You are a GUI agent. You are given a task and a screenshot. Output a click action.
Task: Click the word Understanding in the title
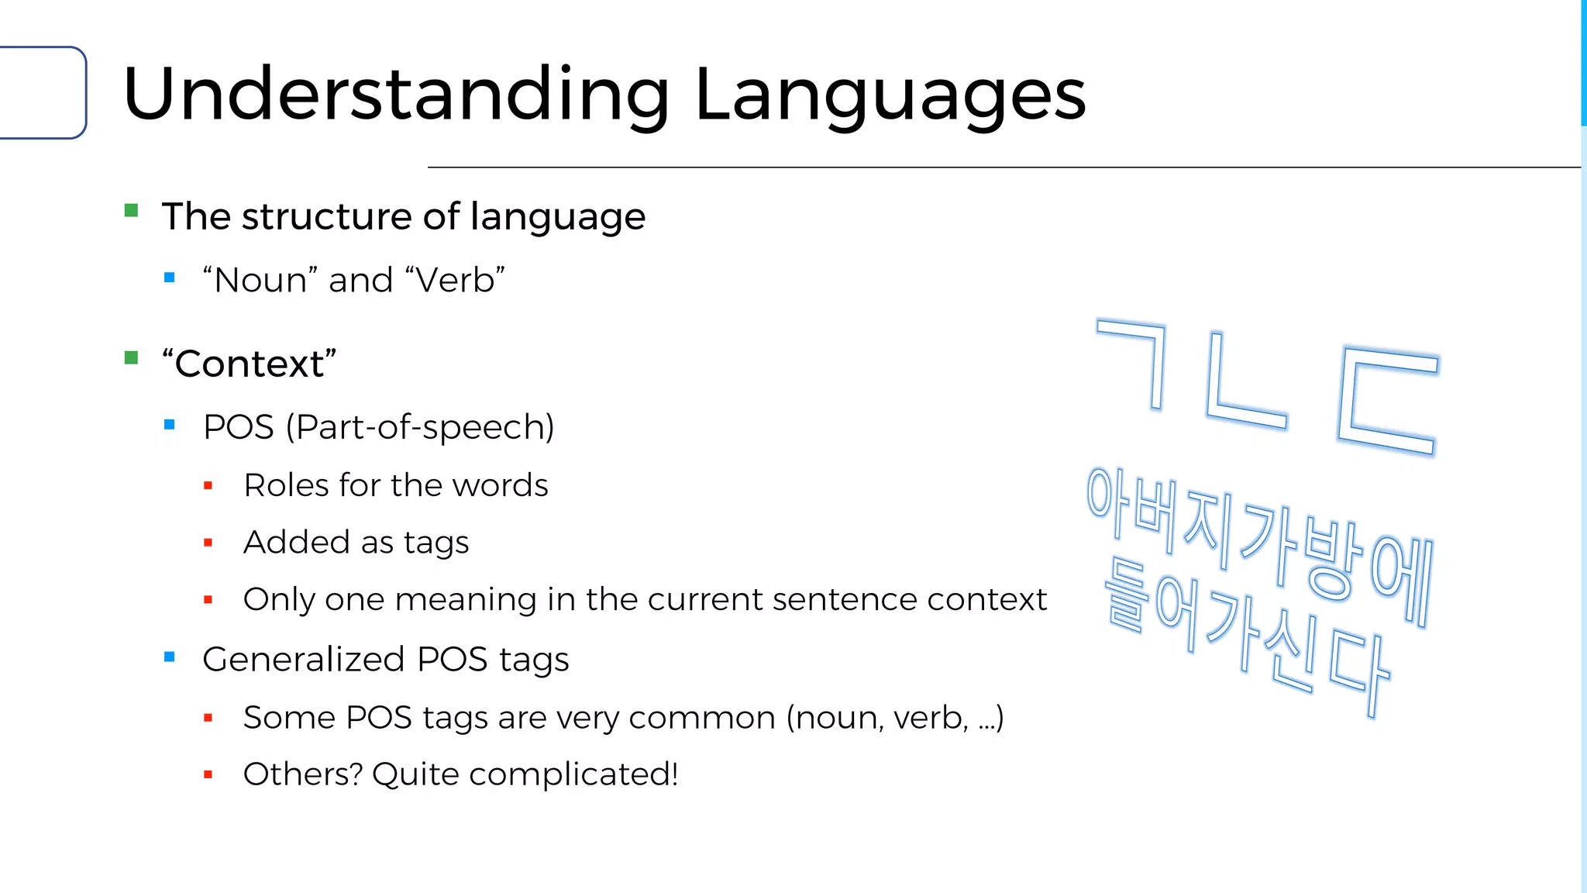pyautogui.click(x=395, y=95)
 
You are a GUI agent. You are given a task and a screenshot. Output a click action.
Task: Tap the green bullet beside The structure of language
pyautogui.click(x=131, y=210)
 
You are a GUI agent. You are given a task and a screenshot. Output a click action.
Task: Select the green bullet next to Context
pyautogui.click(x=131, y=357)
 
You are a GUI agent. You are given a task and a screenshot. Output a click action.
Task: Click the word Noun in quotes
pyautogui.click(x=260, y=280)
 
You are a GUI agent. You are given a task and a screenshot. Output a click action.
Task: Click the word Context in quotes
pyautogui.click(x=249, y=364)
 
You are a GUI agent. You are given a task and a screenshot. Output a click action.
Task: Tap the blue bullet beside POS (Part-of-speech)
pyautogui.click(x=170, y=424)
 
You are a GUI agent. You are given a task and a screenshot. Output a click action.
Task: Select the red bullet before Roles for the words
pyautogui.click(x=208, y=486)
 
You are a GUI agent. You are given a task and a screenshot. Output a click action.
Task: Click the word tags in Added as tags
pyautogui.click(x=435, y=543)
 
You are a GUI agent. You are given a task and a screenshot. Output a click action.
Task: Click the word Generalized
pyautogui.click(x=303, y=660)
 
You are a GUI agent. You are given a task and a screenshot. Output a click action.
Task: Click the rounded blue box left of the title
pyautogui.click(x=43, y=93)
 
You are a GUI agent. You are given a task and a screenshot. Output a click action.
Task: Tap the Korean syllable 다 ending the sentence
pyautogui.click(x=1360, y=671)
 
